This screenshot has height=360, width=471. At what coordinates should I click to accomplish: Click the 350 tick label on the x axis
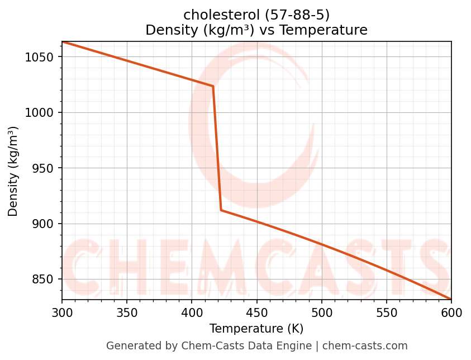pyautogui.click(x=127, y=312)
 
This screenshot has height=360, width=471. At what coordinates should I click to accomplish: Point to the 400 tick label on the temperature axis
pyautogui.click(x=192, y=312)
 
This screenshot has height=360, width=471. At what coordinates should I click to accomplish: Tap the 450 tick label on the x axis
pyautogui.click(x=256, y=312)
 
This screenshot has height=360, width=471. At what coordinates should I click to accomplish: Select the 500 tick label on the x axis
pyautogui.click(x=321, y=312)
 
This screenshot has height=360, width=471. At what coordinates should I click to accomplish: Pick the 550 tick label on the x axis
pyautogui.click(x=387, y=312)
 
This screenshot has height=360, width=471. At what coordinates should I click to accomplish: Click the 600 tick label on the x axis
pyautogui.click(x=451, y=312)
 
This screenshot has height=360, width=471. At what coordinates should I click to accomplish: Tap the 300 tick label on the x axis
pyautogui.click(x=62, y=312)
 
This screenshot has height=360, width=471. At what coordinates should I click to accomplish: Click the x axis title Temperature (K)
pyautogui.click(x=256, y=329)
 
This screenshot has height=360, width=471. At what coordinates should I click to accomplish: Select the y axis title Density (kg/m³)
pyautogui.click(x=13, y=171)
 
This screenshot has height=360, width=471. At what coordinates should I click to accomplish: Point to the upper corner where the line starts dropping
pyautogui.click(x=213, y=86)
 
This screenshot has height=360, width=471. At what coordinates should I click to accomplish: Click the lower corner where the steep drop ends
pyautogui.click(x=221, y=210)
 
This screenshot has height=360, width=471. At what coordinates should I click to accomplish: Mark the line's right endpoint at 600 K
pyautogui.click(x=451, y=299)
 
